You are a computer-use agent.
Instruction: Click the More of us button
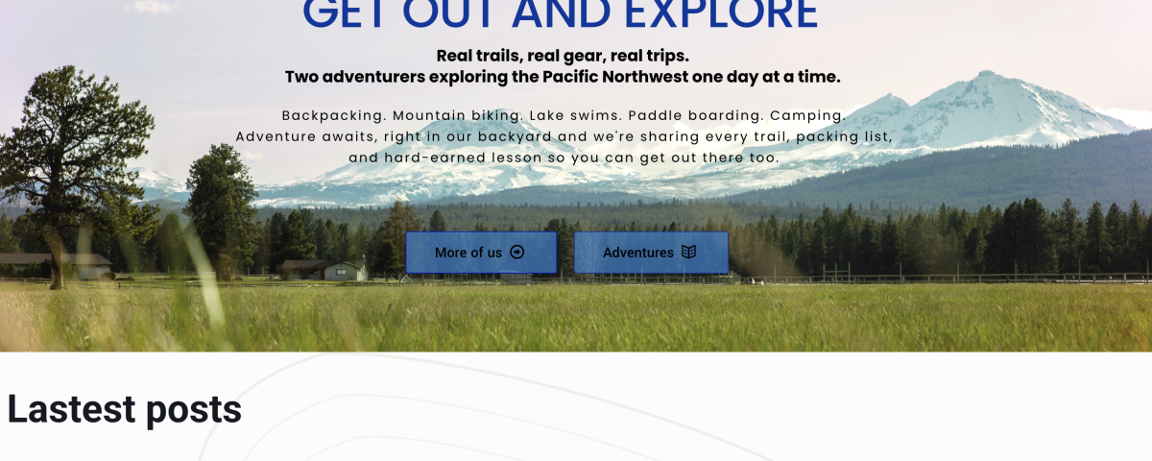tap(481, 252)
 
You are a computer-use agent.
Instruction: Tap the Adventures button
tap(651, 252)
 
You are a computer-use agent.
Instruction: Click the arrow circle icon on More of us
tap(516, 252)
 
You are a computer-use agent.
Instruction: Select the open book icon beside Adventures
tap(688, 252)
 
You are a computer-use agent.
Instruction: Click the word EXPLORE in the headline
tap(721, 13)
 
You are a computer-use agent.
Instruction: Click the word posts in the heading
tap(194, 412)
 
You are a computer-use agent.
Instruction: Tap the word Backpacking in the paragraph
tap(333, 116)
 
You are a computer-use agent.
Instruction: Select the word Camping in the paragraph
tap(807, 116)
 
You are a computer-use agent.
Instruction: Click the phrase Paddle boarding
tap(695, 116)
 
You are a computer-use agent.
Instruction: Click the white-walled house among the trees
tap(324, 270)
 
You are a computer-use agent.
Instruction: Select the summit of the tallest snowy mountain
tap(987, 73)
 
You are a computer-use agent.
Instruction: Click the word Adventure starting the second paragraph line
tap(276, 136)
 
